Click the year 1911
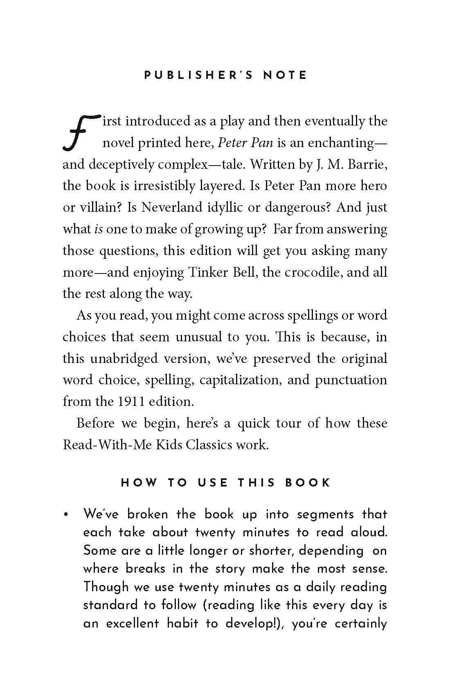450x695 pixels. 131,401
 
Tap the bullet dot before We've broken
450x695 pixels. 65,515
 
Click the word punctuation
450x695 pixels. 351,380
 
